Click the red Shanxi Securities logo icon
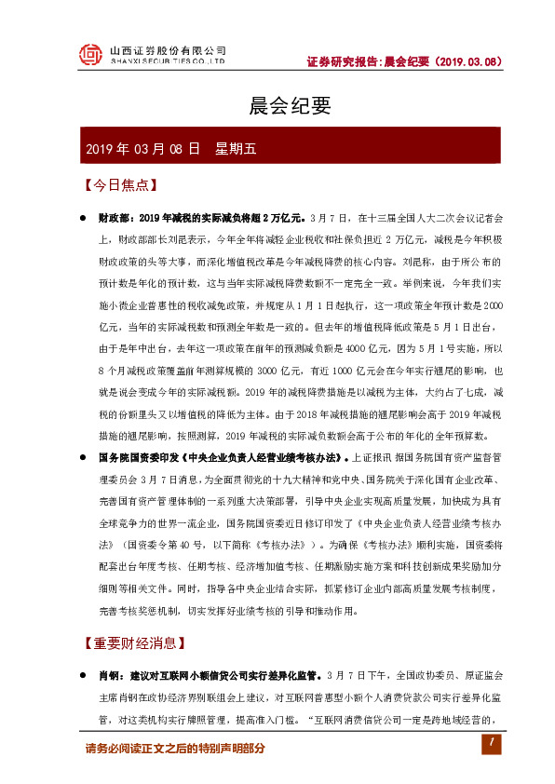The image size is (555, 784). (x=91, y=56)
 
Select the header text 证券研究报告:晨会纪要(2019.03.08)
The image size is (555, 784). (x=404, y=62)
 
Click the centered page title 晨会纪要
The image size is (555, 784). (x=277, y=105)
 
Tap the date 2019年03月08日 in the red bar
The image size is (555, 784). (x=142, y=148)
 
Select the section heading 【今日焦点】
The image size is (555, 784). (x=119, y=185)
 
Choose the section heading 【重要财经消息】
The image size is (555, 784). (x=133, y=642)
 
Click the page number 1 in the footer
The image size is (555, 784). (x=490, y=744)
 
